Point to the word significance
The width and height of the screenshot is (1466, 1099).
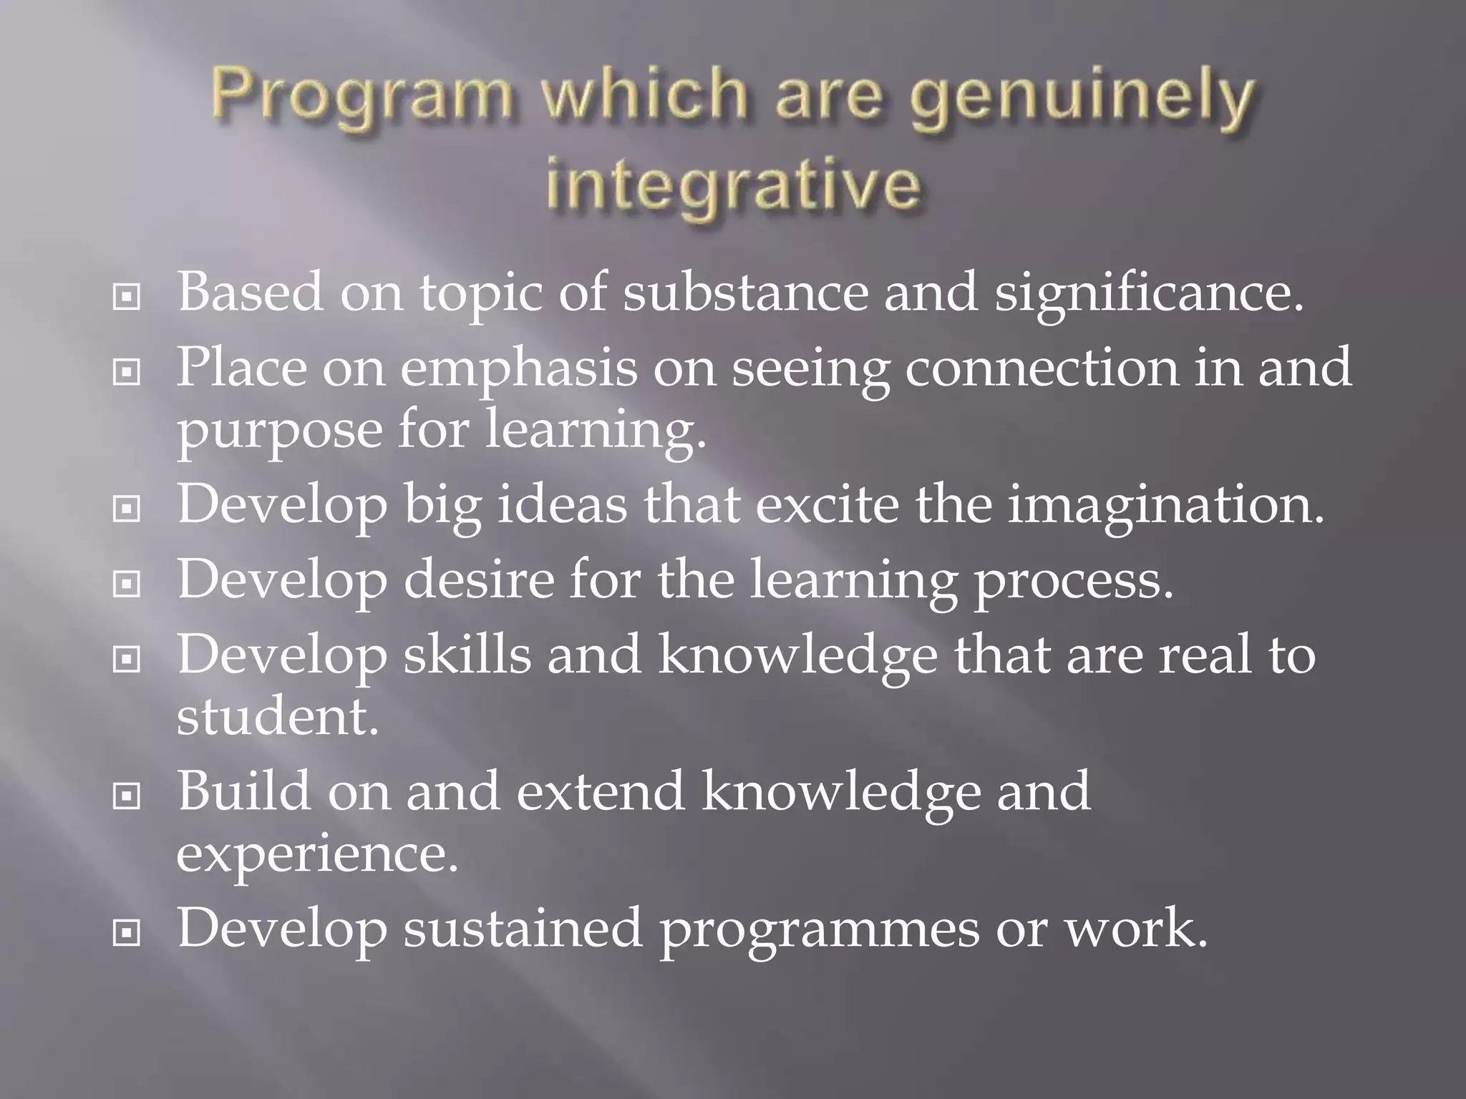[1148, 293]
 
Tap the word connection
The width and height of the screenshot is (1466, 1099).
[1041, 367]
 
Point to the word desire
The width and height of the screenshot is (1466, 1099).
[479, 579]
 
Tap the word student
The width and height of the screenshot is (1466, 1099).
[277, 716]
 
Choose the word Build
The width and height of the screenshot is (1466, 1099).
[244, 791]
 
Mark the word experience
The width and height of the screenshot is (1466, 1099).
[316, 854]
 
